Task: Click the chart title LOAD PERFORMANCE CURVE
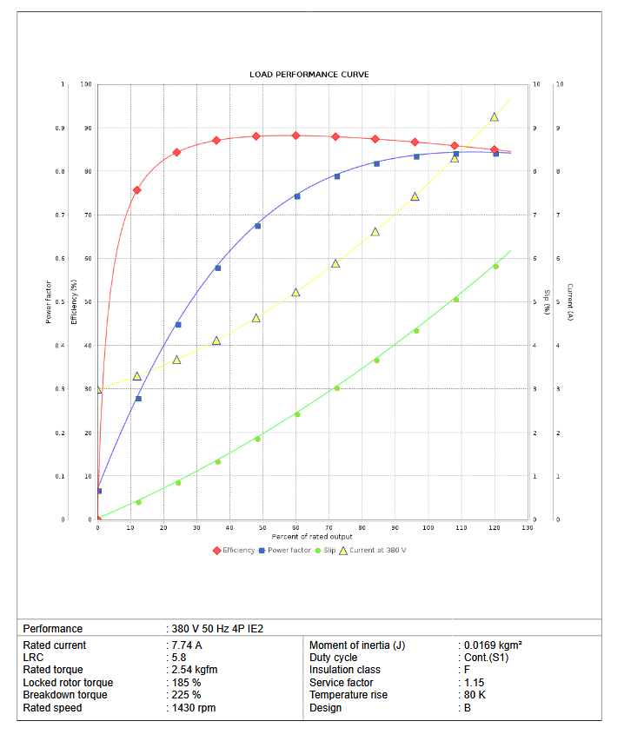click(x=309, y=75)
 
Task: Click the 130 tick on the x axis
click(x=528, y=527)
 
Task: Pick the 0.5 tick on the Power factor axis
click(x=61, y=302)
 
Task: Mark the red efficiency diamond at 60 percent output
click(x=295, y=136)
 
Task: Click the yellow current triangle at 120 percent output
click(x=494, y=116)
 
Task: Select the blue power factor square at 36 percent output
click(x=217, y=268)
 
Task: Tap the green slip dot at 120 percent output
click(x=495, y=267)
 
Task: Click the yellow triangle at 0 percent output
click(x=98, y=389)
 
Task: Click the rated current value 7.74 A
click(x=186, y=645)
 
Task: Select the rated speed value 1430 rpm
click(x=193, y=708)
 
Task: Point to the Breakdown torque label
click(x=65, y=695)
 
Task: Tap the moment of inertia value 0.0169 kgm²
click(x=493, y=645)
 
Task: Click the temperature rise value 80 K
click(x=475, y=695)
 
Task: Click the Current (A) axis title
click(x=570, y=302)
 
